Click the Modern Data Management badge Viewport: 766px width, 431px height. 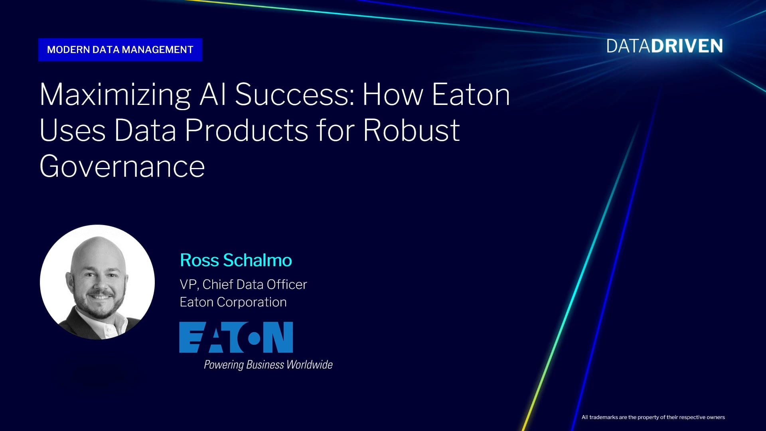120,50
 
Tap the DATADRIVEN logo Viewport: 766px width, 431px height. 665,46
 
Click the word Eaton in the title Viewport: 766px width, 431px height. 471,95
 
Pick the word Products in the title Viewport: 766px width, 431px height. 247,130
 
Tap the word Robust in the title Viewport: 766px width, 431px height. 411,130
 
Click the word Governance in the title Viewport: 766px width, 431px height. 122,166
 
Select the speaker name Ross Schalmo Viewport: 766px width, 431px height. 236,260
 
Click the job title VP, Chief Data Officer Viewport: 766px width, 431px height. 243,285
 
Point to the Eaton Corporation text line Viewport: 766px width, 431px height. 233,302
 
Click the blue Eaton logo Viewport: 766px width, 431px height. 236,337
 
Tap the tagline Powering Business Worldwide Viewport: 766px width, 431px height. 268,364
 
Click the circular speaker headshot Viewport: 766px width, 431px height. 97,282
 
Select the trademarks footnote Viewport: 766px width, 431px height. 653,417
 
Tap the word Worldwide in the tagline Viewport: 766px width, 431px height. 310,364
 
